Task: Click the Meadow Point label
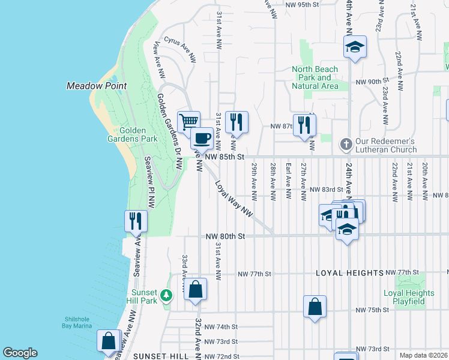pos(96,86)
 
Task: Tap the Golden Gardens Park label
pos(138,134)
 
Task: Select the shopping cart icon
pos(189,122)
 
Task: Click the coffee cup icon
pos(202,139)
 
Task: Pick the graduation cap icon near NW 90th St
pos(355,47)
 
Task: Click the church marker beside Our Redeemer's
pos(345,144)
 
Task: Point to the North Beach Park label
pos(315,77)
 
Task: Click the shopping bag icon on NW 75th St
pos(315,308)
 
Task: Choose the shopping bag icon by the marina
pos(109,341)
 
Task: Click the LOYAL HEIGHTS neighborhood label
pos(350,273)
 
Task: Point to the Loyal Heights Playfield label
pos(409,298)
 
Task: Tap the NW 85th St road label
pos(226,157)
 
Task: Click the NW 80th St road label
pos(226,236)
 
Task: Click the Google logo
pos(20,353)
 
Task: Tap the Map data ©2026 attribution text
pos(423,355)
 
